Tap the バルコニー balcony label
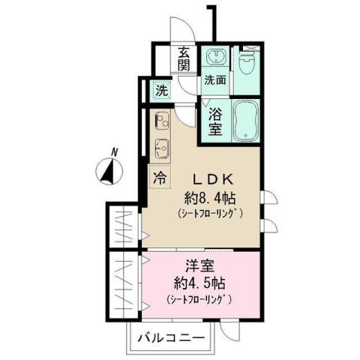click(171, 339)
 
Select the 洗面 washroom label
click(216, 79)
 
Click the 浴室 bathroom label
click(214, 121)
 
